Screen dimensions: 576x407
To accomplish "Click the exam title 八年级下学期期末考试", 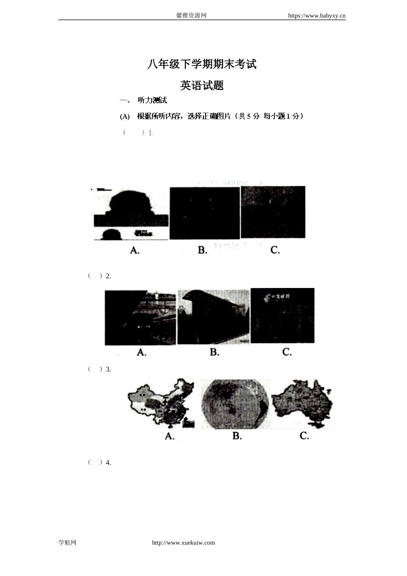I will click(x=202, y=64).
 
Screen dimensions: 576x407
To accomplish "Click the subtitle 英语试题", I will click(x=202, y=85).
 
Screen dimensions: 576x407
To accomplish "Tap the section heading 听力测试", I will click(x=152, y=100).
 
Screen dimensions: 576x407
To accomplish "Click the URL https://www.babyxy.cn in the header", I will click(x=317, y=16).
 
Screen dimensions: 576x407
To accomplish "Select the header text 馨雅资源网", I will click(x=192, y=15).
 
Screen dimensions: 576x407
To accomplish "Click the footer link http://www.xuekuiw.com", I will click(x=183, y=543).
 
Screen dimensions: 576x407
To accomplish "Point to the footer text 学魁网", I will click(x=67, y=543).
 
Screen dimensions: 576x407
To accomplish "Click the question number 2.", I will click(x=108, y=276).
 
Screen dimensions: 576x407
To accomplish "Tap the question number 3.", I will click(x=108, y=369).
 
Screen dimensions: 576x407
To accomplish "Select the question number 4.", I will click(x=108, y=462).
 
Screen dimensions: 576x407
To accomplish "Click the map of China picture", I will click(x=162, y=403).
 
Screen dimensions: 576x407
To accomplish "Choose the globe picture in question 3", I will click(x=235, y=404).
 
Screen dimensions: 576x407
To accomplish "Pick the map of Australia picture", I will click(x=302, y=403).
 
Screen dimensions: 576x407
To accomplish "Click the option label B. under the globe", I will click(x=237, y=436).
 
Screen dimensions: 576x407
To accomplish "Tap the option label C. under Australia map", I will click(x=304, y=436).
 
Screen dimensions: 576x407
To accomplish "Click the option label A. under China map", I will click(x=170, y=436).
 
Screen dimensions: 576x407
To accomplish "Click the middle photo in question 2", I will click(x=213, y=317).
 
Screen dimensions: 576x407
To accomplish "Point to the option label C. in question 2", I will click(x=287, y=352).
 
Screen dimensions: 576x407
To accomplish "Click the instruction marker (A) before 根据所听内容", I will click(x=125, y=117).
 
